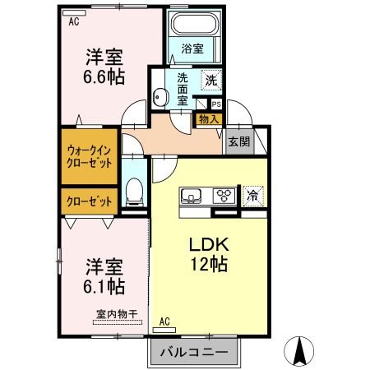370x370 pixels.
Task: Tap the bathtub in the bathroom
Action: (193, 26)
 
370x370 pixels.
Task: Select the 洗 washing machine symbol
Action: (210, 81)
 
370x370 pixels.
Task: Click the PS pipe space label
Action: (215, 104)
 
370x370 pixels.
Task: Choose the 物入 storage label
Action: (209, 119)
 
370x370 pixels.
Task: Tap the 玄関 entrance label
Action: (240, 140)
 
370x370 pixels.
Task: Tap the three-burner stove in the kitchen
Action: (223, 196)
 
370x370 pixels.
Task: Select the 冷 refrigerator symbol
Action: (254, 196)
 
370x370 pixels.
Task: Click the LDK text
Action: (209, 246)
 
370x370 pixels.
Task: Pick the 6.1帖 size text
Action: (104, 287)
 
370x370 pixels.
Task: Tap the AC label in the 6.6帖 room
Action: (74, 22)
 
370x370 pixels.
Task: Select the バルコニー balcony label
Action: (194, 351)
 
